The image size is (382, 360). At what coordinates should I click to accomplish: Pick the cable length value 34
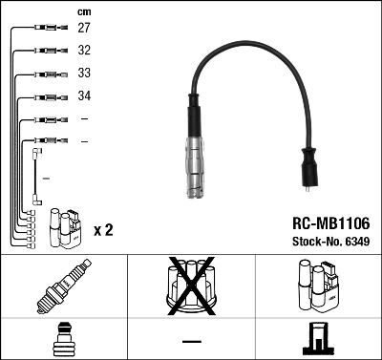coord(84,96)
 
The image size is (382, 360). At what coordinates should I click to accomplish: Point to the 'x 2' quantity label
coord(106,230)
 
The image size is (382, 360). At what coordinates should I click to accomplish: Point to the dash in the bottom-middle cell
coord(191,341)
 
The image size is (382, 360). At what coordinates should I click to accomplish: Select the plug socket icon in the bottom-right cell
coord(320,338)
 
